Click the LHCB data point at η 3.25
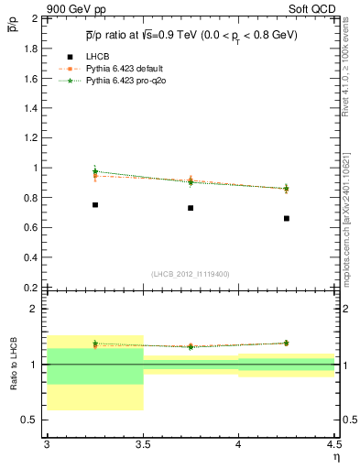click(94, 205)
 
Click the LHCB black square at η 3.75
click(191, 208)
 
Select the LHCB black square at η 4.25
click(287, 218)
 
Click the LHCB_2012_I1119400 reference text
click(190, 273)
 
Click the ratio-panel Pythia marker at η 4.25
click(287, 343)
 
